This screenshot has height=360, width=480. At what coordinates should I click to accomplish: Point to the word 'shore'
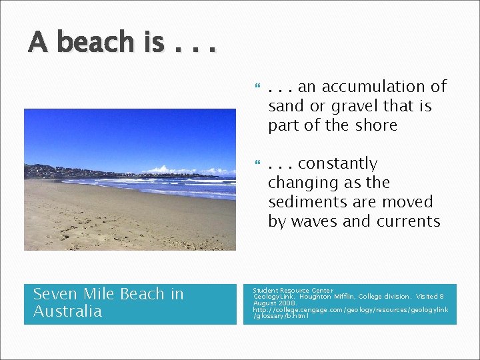coord(377,125)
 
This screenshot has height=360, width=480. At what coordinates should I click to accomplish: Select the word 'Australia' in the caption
coord(67,311)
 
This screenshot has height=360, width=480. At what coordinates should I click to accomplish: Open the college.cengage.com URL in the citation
coord(350,309)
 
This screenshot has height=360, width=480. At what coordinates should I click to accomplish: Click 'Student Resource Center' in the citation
coord(293,291)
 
